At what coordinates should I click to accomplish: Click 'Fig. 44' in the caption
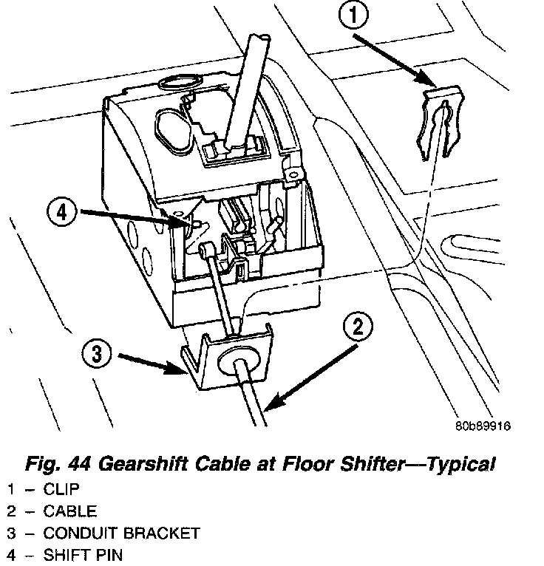tap(55, 465)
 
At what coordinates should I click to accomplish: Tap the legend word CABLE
tap(69, 511)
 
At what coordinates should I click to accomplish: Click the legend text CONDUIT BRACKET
tap(121, 533)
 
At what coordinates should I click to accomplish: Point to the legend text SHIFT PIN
tap(82, 555)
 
